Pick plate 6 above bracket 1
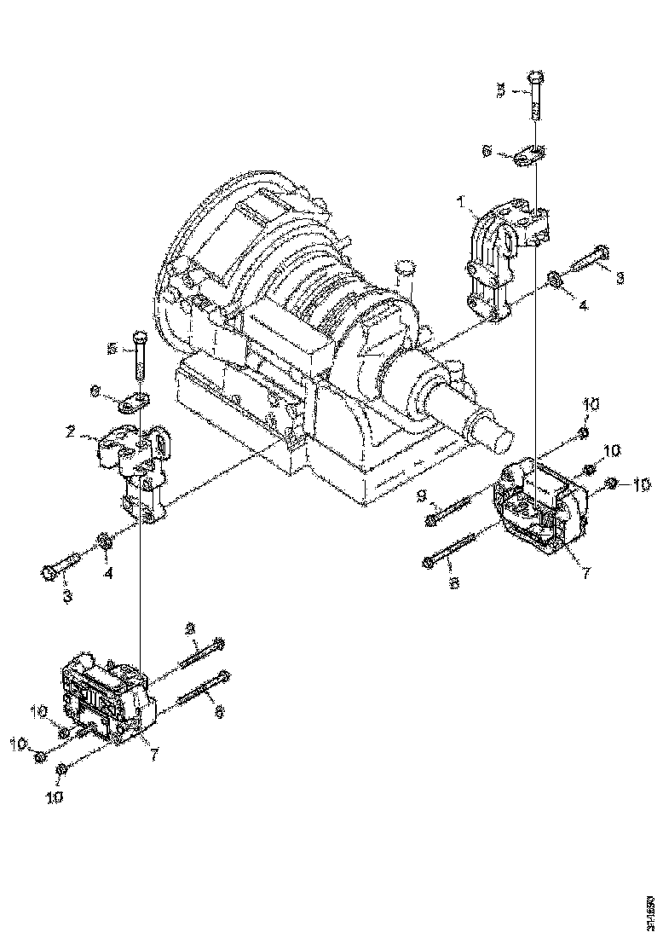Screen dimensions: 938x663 tap(531, 156)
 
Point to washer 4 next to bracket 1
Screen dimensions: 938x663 tap(553, 279)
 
